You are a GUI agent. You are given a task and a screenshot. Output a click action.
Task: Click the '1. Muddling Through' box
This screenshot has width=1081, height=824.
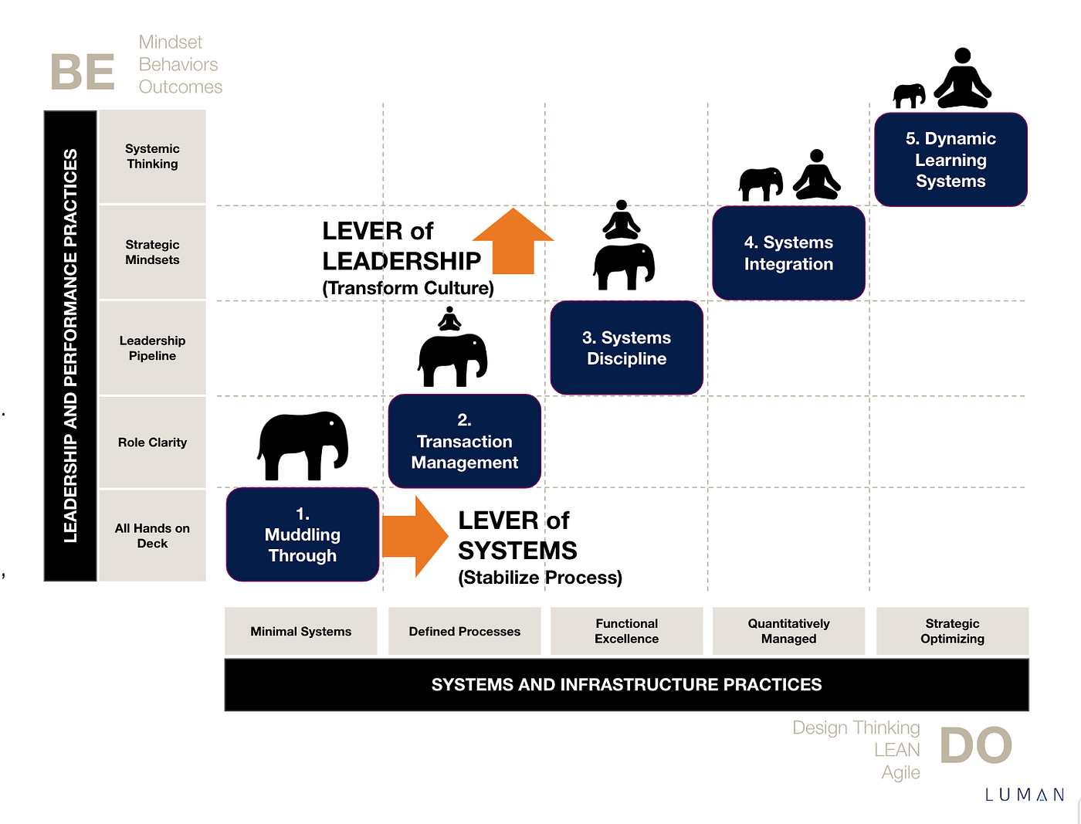point(302,534)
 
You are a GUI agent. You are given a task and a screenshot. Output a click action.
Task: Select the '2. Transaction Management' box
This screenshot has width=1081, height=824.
point(464,441)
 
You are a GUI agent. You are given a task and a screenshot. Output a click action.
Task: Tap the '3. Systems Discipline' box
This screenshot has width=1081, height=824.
point(626,348)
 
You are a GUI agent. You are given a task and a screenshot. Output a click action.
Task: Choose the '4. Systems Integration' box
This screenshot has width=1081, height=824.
point(788,253)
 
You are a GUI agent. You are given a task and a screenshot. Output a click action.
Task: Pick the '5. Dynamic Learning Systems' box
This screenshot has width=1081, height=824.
point(951,160)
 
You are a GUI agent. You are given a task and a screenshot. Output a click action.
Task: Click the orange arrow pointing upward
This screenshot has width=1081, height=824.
point(513,241)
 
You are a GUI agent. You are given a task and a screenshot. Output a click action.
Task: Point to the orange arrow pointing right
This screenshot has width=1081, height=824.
point(415,536)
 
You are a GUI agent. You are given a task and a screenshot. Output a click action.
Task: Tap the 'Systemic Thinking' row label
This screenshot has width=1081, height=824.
point(152,156)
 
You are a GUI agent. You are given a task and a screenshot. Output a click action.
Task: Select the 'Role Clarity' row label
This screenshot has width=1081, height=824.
point(152,443)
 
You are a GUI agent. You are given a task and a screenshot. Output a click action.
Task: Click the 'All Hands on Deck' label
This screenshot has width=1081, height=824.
point(152,535)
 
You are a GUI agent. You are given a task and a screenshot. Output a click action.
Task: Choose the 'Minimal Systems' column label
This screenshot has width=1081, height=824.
point(300,631)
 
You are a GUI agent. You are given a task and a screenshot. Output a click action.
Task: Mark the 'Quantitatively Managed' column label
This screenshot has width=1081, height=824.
point(788,631)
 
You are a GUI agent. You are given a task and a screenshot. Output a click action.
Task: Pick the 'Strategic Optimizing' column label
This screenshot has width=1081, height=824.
point(952,631)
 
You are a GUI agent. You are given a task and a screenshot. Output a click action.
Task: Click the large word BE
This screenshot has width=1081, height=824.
point(83,73)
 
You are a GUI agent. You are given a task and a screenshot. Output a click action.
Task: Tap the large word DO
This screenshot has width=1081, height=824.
point(975,746)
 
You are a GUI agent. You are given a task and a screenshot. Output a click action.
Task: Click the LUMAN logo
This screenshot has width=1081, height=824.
point(1025,795)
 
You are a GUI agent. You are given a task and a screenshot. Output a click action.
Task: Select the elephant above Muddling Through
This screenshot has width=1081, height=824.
point(303,445)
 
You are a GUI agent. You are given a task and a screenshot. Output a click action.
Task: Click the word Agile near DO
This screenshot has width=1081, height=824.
point(900,772)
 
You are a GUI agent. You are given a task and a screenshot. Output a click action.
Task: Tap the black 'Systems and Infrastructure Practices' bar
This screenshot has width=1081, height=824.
point(626,684)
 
